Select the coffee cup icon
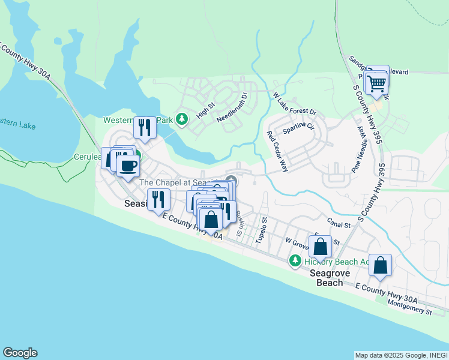coord(128,166)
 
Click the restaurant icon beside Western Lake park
coord(145,126)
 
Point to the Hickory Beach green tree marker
coord(295,261)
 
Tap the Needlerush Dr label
coord(232,107)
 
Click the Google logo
coord(20,353)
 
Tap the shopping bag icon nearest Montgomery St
coord(381,265)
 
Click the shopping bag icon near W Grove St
coord(321,247)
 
